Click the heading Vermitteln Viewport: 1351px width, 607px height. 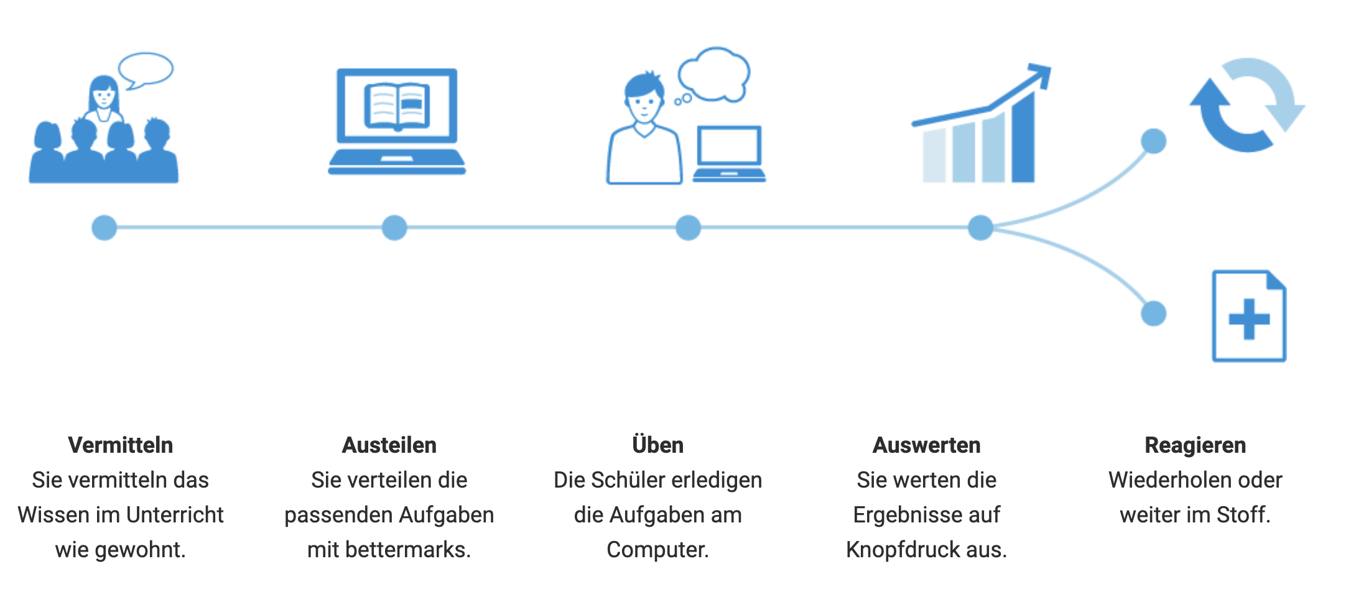[x=121, y=445]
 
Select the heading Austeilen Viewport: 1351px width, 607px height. [x=389, y=445]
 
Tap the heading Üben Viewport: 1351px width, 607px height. [x=657, y=445]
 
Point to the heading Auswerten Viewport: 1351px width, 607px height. [x=926, y=445]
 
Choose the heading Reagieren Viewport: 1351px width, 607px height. [x=1195, y=445]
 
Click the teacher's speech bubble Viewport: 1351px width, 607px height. [x=146, y=69]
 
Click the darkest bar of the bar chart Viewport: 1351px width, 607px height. [x=1023, y=140]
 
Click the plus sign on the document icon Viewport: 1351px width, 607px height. [x=1249, y=319]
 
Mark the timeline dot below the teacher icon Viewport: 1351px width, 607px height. [x=104, y=228]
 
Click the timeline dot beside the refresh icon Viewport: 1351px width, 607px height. [x=1154, y=141]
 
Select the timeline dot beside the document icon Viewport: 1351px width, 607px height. [x=1154, y=313]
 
